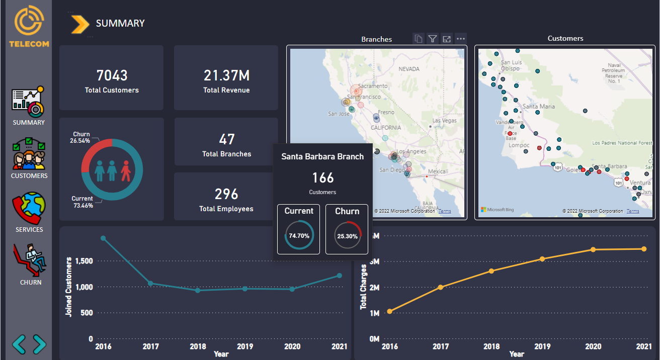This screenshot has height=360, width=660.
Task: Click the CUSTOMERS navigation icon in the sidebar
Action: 29,154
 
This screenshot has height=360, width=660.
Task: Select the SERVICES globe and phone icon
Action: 29,208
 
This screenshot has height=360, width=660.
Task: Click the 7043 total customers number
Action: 112,75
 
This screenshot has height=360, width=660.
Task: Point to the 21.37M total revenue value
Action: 226,75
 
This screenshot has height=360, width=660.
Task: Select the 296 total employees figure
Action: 226,194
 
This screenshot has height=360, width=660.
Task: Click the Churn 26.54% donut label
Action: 81,138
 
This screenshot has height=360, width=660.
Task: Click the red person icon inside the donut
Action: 126,171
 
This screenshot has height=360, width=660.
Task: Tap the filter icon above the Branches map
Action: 432,39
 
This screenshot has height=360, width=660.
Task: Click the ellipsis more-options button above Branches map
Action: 460,39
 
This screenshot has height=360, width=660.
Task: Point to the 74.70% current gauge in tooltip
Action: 299,235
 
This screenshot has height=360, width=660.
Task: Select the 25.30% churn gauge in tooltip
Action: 348,235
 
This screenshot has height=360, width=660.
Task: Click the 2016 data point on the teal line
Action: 103,238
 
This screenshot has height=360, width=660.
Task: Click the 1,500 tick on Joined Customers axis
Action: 84,261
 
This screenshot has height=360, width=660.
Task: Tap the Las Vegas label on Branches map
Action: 444,121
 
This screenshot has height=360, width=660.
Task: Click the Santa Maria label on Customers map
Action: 539,107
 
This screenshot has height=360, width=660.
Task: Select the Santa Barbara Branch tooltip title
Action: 322,157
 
